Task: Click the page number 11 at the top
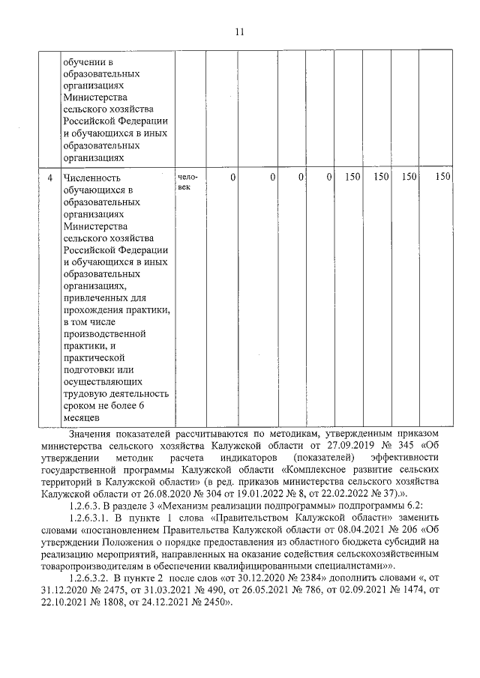(239, 31)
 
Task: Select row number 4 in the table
(49, 178)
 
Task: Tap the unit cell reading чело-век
(187, 182)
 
